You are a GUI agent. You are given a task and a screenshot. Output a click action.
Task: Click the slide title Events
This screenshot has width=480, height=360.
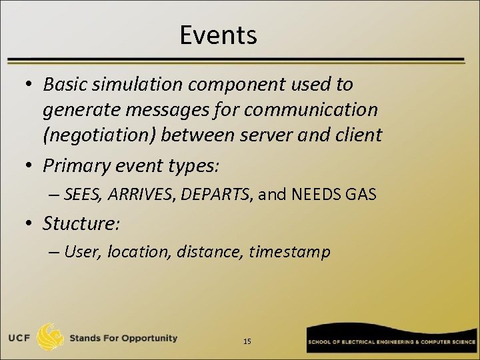coord(218,35)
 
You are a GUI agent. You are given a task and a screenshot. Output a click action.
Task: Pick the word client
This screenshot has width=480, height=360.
coord(358,135)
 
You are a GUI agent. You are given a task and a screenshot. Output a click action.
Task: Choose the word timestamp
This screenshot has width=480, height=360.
coord(290,252)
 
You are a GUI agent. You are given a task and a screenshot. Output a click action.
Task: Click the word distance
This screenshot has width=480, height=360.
coord(209,252)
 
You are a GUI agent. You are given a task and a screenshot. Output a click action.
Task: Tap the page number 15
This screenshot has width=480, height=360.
coord(247,341)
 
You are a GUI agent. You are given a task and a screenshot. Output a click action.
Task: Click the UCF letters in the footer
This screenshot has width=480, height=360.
coord(19,338)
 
